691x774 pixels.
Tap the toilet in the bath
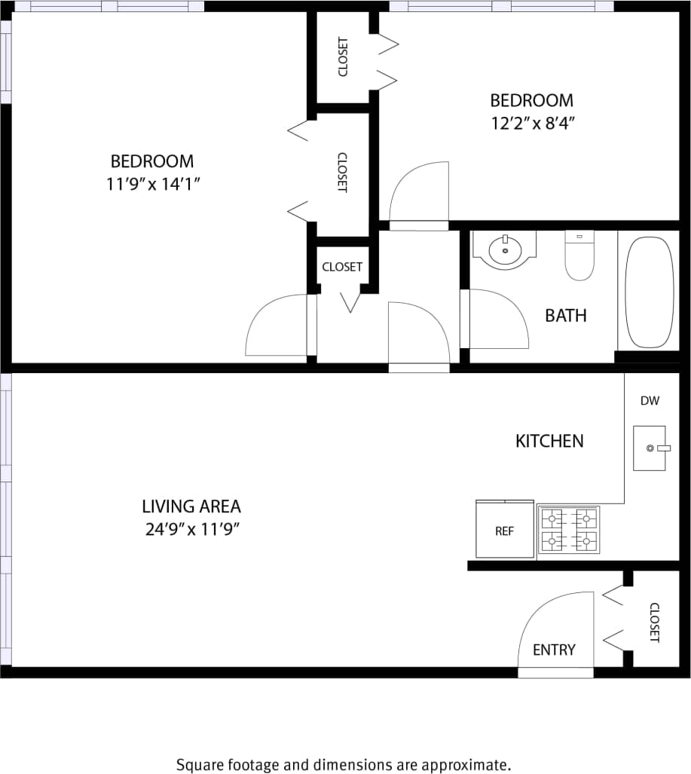coord(579,257)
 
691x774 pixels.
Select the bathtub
coord(649,292)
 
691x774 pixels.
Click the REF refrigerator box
coord(505,531)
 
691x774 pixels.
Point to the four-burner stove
coord(568,530)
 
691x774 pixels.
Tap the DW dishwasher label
coord(650,401)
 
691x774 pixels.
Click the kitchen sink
coord(649,448)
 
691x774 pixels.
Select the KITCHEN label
coord(549,441)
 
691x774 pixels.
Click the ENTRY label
coord(554,650)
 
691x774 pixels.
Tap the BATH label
coord(565,315)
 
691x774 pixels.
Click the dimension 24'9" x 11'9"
coord(192,529)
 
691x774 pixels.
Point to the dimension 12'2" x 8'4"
coord(532,123)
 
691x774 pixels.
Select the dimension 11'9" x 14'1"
coord(152,184)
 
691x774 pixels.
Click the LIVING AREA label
coord(191,506)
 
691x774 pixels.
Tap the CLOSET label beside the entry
coord(654,623)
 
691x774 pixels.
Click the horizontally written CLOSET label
coord(342,267)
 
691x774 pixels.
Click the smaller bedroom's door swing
coord(418,194)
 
